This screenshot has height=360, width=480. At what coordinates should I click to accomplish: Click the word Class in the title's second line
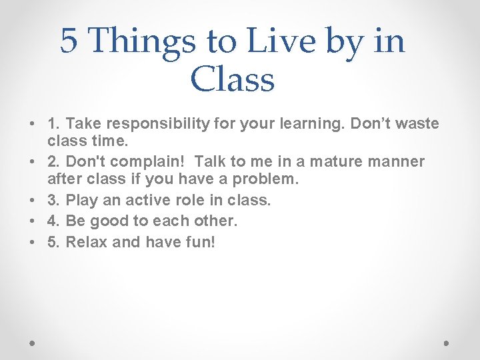click(x=232, y=79)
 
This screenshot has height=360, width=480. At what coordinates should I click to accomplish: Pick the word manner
click(x=395, y=162)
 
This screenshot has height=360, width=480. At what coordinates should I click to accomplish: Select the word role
click(x=187, y=200)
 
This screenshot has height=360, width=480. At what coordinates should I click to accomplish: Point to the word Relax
click(x=87, y=241)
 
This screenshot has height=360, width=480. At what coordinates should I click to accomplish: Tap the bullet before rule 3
click(x=32, y=201)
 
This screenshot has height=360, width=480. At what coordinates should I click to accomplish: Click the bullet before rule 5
click(x=32, y=241)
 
